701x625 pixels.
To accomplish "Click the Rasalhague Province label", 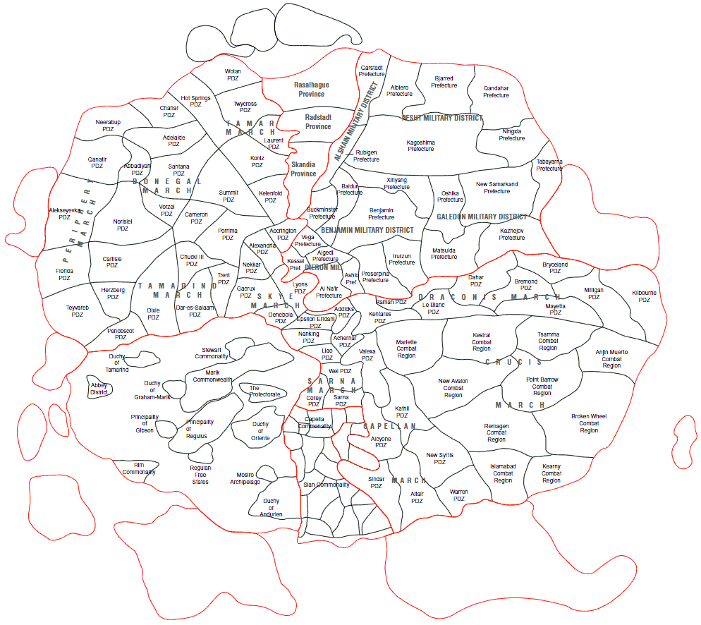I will (311, 89).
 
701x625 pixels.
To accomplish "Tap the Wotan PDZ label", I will (233, 75).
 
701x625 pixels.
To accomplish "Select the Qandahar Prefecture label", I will (496, 92).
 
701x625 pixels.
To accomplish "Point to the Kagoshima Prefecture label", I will (420, 145).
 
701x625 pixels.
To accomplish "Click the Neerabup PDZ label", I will (108, 126).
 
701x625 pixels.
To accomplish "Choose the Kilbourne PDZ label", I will (644, 296).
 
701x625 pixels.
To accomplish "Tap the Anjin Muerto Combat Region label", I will (611, 358).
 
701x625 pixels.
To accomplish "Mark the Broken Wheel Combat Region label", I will (589, 423).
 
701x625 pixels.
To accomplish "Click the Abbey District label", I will (99, 389).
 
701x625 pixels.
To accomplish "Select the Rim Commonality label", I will (139, 468).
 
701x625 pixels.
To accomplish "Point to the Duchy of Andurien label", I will (271, 508).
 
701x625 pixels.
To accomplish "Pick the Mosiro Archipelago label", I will (245, 478).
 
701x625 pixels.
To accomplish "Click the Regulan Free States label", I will (200, 475).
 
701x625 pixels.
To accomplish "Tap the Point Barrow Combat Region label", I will (542, 386).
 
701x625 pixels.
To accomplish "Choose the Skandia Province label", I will (303, 169).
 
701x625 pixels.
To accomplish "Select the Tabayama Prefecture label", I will (549, 165).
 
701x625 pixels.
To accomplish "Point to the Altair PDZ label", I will (417, 497).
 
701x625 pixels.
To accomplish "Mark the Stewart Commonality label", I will (212, 353).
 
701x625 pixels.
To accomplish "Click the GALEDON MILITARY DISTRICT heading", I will (482, 217).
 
